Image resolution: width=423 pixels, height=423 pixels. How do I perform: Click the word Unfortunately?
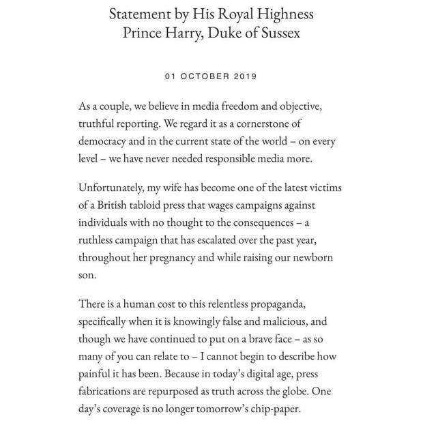pos(119,188)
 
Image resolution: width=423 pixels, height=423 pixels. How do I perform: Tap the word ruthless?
pos(99,241)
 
